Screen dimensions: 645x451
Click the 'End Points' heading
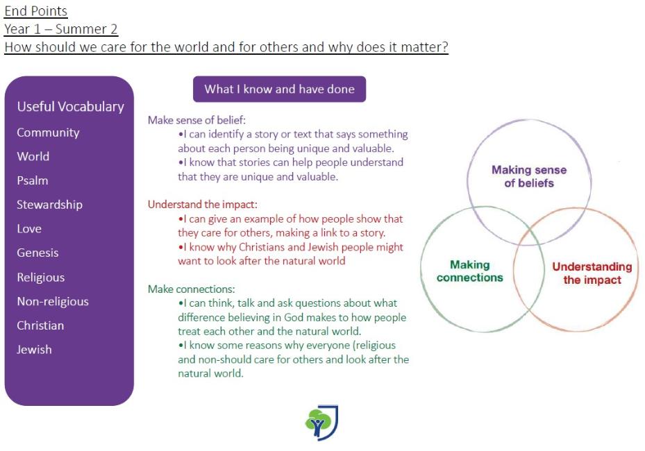tap(36, 11)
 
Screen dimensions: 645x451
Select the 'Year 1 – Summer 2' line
tap(61, 29)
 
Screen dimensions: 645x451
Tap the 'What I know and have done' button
tap(279, 89)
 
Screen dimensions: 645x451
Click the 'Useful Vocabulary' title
tap(70, 106)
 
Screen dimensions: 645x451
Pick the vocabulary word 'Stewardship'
tap(49, 204)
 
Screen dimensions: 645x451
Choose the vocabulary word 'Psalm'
tap(33, 180)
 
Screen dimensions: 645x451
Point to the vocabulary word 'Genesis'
tap(37, 253)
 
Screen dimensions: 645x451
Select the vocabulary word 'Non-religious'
tap(53, 301)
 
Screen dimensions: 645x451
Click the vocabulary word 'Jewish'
tap(34, 350)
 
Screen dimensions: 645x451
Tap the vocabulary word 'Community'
tap(48, 133)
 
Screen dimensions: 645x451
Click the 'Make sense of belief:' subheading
tap(196, 120)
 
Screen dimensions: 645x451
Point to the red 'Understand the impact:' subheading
tap(202, 204)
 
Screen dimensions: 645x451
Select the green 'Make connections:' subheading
tap(192, 289)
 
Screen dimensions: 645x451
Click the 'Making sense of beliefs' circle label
tap(529, 176)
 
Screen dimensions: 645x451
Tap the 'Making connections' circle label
tap(470, 271)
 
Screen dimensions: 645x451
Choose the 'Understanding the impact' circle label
tap(592, 273)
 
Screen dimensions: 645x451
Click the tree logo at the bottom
tap(321, 423)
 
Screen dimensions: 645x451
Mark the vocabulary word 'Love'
tap(29, 228)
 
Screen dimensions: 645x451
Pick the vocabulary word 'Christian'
tap(40, 325)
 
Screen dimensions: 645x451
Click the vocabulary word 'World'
tap(33, 156)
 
